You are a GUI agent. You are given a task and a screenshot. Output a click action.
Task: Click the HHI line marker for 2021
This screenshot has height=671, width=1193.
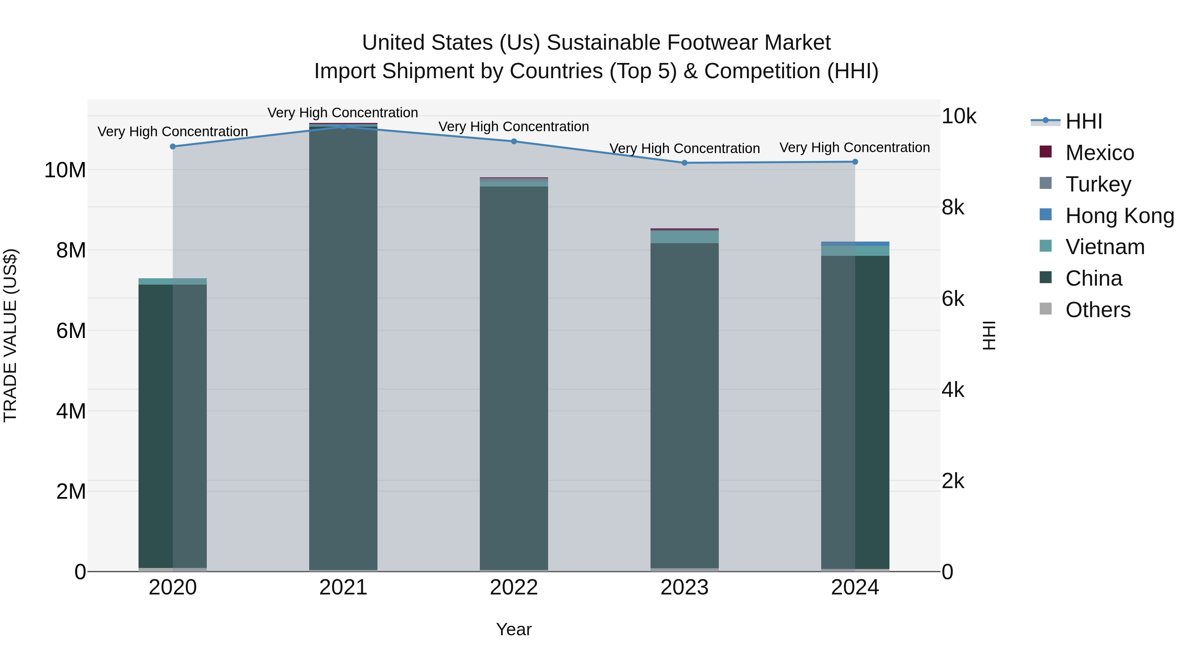tap(343, 127)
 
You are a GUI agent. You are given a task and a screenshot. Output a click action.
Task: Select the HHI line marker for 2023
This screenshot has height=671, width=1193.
tap(685, 163)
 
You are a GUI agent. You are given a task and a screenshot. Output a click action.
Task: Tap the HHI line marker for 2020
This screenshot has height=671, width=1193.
tap(173, 146)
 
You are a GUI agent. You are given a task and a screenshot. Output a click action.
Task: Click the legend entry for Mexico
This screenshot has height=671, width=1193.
tap(1100, 153)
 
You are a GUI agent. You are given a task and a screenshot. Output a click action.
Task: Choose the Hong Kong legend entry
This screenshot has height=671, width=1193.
tap(1119, 216)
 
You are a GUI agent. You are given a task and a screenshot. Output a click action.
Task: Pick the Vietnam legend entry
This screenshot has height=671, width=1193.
tap(1105, 247)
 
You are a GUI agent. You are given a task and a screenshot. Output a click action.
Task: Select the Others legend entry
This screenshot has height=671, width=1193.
tap(1098, 310)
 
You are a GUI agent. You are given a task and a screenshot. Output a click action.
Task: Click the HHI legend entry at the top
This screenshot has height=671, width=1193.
tap(1083, 121)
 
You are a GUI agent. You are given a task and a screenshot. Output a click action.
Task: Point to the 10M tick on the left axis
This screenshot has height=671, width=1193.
tap(65, 170)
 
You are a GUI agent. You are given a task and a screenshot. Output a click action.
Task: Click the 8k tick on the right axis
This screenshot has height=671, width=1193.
tap(953, 207)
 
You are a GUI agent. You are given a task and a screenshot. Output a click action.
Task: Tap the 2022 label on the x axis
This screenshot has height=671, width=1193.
tap(514, 587)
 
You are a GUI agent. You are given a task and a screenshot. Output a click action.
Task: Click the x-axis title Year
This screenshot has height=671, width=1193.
tap(514, 629)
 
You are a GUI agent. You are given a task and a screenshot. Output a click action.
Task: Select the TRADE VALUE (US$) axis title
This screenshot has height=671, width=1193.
tap(10, 335)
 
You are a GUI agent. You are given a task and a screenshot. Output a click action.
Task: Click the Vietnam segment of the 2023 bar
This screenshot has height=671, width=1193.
tap(685, 237)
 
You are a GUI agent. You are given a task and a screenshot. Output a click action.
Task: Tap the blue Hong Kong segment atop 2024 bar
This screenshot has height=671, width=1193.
tap(855, 244)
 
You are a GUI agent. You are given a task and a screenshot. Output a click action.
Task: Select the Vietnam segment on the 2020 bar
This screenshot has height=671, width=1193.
tap(173, 282)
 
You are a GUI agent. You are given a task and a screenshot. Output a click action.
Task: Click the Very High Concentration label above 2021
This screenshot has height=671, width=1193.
tap(343, 113)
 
